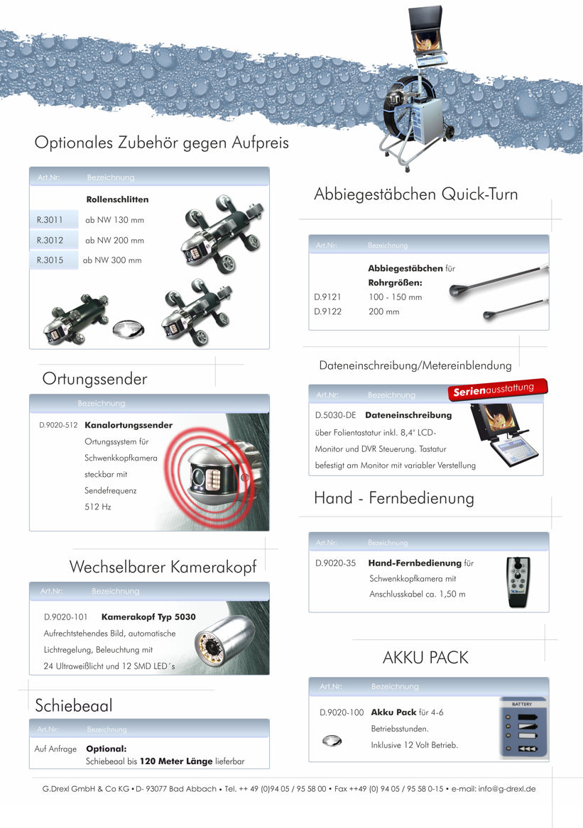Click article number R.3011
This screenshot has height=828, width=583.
tap(50, 220)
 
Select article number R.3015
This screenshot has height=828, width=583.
tap(50, 260)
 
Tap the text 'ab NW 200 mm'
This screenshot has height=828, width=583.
tap(114, 241)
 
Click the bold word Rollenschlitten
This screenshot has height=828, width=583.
tap(117, 199)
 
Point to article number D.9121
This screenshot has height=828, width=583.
tap(327, 297)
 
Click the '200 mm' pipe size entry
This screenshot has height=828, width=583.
tap(383, 311)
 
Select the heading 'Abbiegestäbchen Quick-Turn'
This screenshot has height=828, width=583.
tap(415, 194)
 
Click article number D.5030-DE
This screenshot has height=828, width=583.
tap(335, 415)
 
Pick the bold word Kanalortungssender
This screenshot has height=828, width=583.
tap(129, 426)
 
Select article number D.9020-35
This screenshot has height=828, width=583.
tap(335, 563)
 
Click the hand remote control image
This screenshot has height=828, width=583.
tap(519, 583)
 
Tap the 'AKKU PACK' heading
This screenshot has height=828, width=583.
tap(425, 658)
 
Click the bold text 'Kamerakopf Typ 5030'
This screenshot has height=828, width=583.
tap(148, 617)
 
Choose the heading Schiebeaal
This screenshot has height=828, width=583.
tap(74, 705)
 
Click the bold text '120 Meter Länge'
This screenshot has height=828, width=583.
tap(175, 761)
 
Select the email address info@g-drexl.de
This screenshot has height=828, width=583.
tap(507, 788)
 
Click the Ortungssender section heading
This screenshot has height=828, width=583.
tap(94, 379)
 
